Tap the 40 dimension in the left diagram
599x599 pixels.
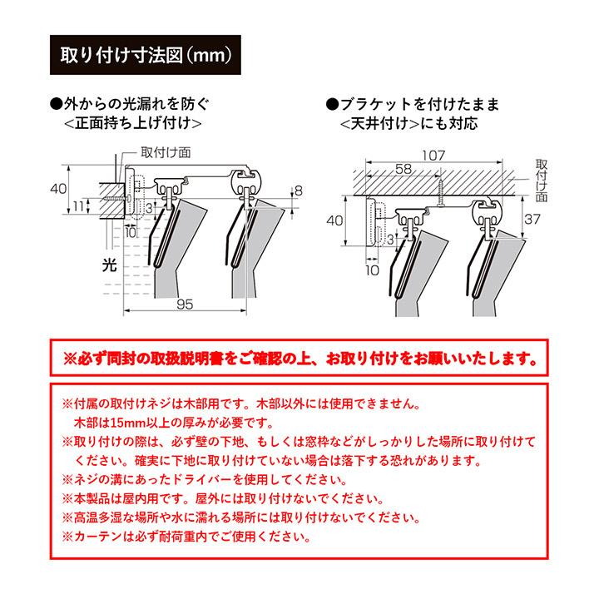click(x=58, y=189)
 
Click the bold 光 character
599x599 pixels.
click(x=107, y=265)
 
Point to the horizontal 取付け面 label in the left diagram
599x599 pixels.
click(x=166, y=152)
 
